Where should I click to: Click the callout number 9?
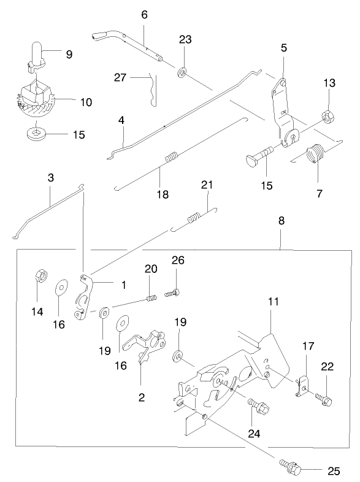pos(69,54)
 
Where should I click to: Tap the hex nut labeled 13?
pos(327,114)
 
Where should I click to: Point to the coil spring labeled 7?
pos(316,153)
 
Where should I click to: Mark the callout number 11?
pos(273,302)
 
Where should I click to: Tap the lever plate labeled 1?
pos(84,297)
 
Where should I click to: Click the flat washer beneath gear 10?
pos(38,132)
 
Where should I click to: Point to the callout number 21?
pos(207,185)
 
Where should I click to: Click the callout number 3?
pos(51,178)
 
